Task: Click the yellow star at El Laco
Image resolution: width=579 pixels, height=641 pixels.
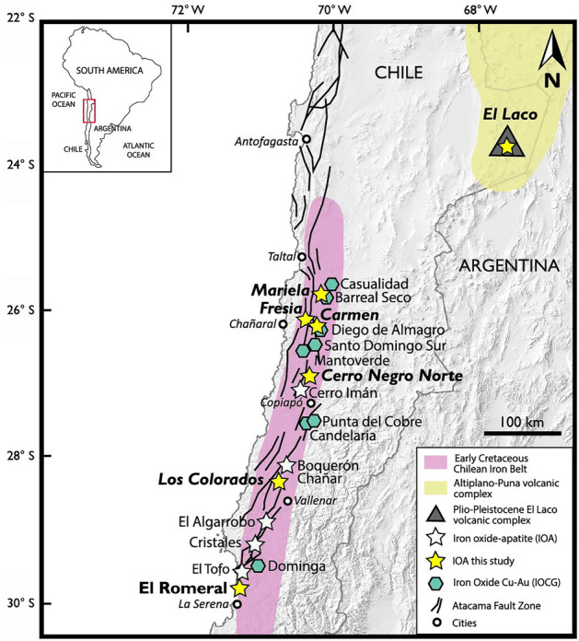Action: (505, 146)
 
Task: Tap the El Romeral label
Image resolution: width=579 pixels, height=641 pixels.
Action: (182, 586)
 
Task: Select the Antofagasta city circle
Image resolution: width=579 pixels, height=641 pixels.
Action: (307, 139)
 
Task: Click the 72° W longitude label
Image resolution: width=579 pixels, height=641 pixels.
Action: (187, 11)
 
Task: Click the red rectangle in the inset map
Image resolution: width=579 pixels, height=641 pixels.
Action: (89, 111)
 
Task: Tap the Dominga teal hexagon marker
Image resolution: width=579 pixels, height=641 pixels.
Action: (259, 566)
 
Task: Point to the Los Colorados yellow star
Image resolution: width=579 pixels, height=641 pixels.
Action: (279, 482)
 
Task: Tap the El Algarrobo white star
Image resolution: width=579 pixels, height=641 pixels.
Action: (266, 521)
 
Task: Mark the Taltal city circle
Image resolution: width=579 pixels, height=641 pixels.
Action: (302, 257)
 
